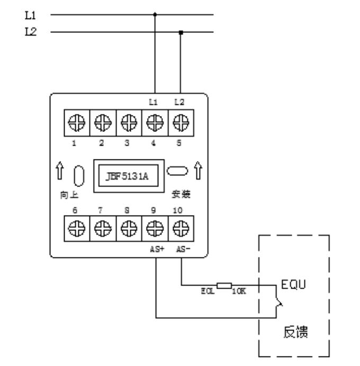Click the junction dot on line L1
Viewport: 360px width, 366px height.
(x=155, y=15)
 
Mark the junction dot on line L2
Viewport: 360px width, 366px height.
(x=181, y=32)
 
